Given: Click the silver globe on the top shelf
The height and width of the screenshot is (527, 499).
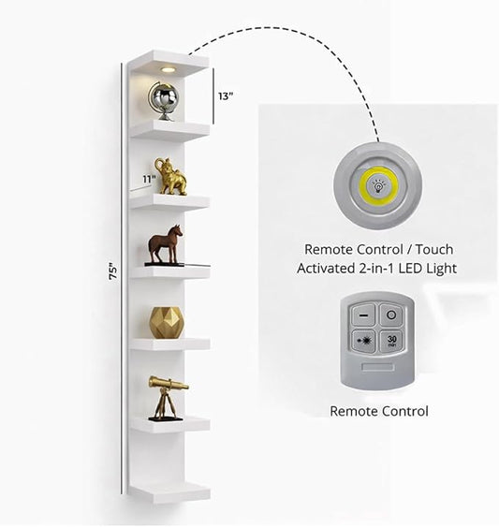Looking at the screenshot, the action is [x=164, y=100].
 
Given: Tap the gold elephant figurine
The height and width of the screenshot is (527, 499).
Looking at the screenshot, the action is [x=170, y=177].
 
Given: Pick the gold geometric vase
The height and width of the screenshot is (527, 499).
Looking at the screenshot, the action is [x=167, y=322].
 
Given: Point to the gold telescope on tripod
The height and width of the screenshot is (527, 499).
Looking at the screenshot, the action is [x=168, y=398].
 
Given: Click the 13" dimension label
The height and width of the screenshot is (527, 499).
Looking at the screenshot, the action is [x=226, y=96].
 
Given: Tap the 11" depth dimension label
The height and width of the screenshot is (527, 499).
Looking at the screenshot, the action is [x=149, y=179].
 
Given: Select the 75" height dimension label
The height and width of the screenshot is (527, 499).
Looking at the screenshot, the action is [x=113, y=271].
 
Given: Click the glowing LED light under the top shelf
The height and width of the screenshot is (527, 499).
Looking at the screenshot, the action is [x=168, y=69].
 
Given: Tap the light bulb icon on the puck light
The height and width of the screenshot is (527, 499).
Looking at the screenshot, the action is [x=378, y=185].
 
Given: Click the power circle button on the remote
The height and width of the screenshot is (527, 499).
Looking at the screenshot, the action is [x=391, y=315].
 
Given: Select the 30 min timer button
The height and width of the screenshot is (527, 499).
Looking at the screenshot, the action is [x=391, y=341].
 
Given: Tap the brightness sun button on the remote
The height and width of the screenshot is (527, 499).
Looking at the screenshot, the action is [x=363, y=342].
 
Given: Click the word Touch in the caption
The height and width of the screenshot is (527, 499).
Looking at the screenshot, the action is [x=434, y=249].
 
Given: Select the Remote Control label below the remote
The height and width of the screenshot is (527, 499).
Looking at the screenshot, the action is [x=379, y=411].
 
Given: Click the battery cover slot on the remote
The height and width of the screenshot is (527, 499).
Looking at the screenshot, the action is [x=378, y=366].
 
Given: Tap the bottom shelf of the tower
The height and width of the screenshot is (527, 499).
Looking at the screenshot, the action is [x=170, y=493].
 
